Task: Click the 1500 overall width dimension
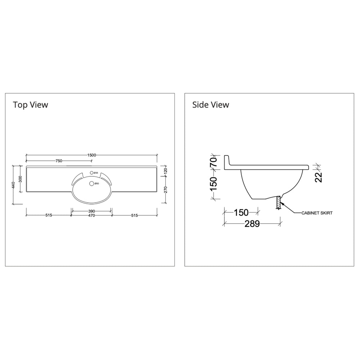91,155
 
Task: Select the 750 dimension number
59,161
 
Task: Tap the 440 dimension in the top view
13,185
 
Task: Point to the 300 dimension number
20,179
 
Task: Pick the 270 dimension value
166,190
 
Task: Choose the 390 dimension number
91,211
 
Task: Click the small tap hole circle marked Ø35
91,173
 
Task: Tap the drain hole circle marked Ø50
91,184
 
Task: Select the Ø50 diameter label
96,184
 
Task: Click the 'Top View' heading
31,105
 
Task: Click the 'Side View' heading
211,105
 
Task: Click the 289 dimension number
252,224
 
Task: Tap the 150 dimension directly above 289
241,213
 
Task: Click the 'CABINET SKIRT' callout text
317,213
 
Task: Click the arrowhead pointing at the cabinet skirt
283,204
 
